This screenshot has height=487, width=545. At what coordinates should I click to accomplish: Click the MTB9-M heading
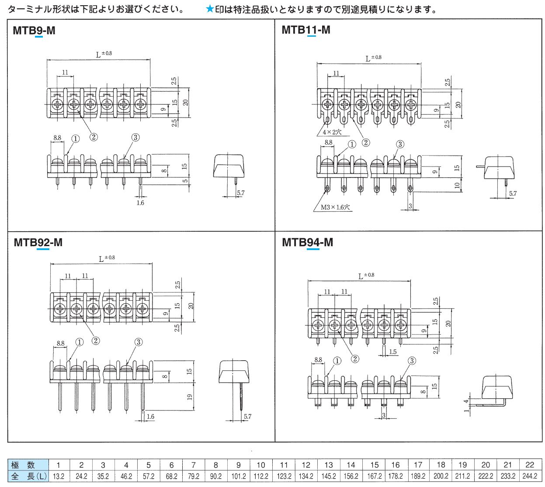[x=34, y=30]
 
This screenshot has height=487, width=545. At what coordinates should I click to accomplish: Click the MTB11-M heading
[x=306, y=30]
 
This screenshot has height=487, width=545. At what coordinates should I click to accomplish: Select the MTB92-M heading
[x=38, y=242]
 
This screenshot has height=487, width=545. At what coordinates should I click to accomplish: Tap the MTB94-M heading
[x=307, y=242]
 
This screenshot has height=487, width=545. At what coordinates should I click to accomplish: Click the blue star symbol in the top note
[x=210, y=9]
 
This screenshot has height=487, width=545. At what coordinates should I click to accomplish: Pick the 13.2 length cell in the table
[x=59, y=476]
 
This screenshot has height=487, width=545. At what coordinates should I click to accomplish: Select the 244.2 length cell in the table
[x=530, y=476]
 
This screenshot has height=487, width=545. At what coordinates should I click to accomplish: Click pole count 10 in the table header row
[x=261, y=465]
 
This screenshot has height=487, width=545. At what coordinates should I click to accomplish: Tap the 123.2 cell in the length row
[x=284, y=476]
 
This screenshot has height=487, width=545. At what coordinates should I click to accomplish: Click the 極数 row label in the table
[x=23, y=465]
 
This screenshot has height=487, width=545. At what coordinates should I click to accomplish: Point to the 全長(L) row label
[x=28, y=476]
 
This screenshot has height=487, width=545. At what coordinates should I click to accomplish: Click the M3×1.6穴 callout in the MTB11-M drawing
[x=335, y=207]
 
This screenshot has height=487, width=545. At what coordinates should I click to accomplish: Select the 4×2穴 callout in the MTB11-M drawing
[x=332, y=132]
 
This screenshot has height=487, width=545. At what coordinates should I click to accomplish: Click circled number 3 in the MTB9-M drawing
[x=135, y=137]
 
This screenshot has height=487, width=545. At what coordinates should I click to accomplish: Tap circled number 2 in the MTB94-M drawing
[x=355, y=359]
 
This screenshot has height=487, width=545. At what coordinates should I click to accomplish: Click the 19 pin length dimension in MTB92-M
[x=190, y=397]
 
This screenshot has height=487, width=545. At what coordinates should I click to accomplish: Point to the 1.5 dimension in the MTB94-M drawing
[x=393, y=351]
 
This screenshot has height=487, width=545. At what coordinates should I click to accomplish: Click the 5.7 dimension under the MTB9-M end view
[x=240, y=193]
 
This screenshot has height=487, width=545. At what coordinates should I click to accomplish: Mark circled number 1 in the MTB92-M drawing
[x=80, y=342]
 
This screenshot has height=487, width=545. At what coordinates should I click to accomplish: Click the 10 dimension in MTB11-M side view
[x=457, y=185]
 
